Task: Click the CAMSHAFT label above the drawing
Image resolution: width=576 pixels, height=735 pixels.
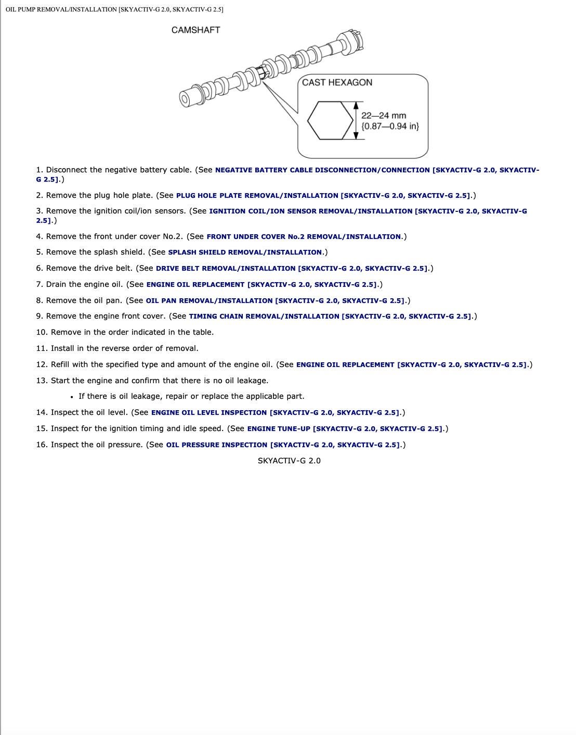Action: tap(195, 30)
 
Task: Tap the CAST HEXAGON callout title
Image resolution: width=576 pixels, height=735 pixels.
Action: tap(337, 82)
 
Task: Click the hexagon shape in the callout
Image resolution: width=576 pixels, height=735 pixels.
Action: tap(330, 120)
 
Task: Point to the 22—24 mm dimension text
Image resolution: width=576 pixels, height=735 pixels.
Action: tap(384, 116)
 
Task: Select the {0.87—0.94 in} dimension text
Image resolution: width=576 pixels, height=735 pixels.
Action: tap(390, 126)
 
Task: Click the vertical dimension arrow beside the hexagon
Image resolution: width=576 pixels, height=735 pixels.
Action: tap(356, 120)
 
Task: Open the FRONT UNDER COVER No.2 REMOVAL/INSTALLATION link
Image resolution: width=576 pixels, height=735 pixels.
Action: tap(304, 237)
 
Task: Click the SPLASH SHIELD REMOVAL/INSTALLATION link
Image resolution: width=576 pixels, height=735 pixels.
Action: tap(245, 252)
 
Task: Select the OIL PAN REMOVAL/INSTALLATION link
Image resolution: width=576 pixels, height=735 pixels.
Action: tap(275, 301)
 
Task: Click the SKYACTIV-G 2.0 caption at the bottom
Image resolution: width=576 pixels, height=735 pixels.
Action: tap(289, 461)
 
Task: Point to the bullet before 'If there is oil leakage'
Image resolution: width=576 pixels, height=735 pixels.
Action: tap(71, 397)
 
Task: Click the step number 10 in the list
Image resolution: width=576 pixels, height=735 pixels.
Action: tap(41, 332)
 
